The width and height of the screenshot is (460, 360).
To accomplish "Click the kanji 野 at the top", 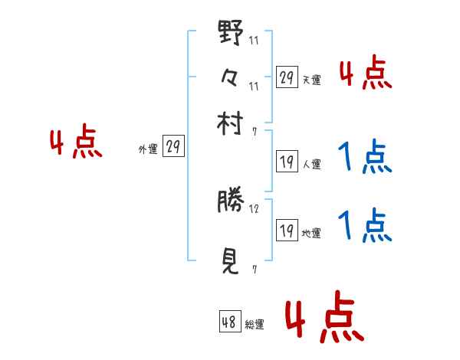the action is [x=231, y=35].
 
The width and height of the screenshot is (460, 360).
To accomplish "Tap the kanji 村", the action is [x=231, y=123].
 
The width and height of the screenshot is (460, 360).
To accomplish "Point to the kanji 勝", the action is [x=231, y=201].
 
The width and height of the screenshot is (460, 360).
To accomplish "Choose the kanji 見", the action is [x=231, y=261].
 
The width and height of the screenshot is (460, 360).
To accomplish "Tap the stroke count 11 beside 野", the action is [x=254, y=41].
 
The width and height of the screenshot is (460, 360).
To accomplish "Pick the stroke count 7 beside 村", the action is [x=254, y=131].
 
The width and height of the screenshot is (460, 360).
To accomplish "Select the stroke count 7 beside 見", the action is [x=254, y=269].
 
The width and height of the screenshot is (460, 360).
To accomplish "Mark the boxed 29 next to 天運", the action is [x=287, y=77].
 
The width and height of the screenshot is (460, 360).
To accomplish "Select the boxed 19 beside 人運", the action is [x=287, y=162].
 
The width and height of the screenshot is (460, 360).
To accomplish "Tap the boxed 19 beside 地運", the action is [x=287, y=231].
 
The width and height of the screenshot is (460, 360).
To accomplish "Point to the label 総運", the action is [x=255, y=325].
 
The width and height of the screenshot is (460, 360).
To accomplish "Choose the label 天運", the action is [x=311, y=80].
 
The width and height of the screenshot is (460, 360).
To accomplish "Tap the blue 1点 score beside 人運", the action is [x=364, y=158].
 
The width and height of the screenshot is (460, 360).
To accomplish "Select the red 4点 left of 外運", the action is [x=76, y=144].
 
